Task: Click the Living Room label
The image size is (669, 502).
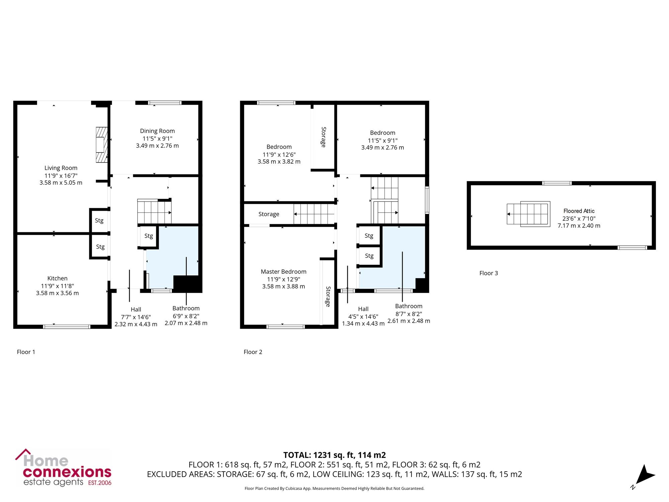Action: point(61,168)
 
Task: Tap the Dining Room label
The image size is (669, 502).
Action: point(157,131)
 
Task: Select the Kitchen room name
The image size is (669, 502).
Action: point(58,278)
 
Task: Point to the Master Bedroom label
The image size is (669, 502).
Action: point(284,271)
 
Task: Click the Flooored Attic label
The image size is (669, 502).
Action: point(579,211)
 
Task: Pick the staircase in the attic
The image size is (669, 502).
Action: point(529,214)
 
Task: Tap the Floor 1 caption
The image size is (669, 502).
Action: point(26,352)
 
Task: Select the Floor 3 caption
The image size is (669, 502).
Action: point(489,273)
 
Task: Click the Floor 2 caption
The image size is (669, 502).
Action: point(253,352)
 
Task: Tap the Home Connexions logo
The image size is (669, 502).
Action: point(64,468)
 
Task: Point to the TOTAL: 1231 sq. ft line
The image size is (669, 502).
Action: point(334,455)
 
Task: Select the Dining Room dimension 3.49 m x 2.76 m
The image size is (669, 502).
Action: point(157,146)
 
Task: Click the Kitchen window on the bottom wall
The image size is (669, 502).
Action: point(67,326)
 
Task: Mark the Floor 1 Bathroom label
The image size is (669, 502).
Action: point(186,308)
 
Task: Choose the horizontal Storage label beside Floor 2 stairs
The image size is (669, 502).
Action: point(269,214)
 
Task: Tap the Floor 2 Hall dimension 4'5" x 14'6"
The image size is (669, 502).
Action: point(363,316)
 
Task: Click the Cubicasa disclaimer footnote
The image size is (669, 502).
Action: point(334,489)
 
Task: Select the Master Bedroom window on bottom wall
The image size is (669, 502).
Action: point(285,326)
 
